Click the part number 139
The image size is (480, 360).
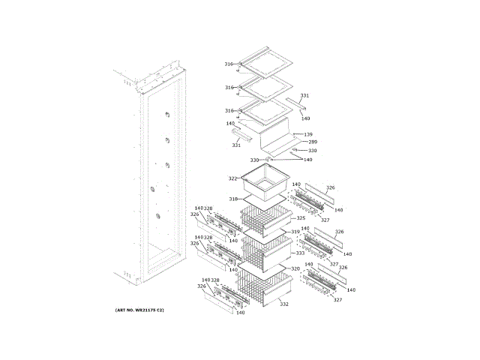click(308, 134)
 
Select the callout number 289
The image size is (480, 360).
click(313, 142)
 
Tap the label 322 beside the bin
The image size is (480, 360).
click(232, 178)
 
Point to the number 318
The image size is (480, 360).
click(233, 199)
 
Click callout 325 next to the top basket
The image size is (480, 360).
click(300, 217)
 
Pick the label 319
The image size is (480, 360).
click(295, 232)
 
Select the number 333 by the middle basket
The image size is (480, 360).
click(300, 253)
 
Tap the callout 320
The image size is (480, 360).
click(295, 268)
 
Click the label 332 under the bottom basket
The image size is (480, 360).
click(284, 304)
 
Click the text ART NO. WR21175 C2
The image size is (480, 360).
click(139, 310)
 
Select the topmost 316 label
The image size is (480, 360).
click(229, 64)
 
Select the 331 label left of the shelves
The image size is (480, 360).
click(236, 145)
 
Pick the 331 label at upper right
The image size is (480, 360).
click(304, 96)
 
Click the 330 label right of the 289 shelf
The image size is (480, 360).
click(313, 151)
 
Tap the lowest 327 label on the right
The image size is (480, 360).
click(337, 300)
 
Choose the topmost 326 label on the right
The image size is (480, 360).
click(330, 187)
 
